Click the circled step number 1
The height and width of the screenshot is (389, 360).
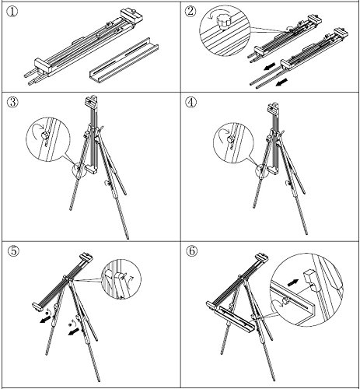(x=12, y=12)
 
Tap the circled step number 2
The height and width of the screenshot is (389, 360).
(x=190, y=12)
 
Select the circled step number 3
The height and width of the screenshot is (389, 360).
(x=12, y=102)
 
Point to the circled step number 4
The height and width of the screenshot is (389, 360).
(x=190, y=102)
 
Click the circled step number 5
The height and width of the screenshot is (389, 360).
(x=13, y=251)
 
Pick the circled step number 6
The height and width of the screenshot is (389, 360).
(x=191, y=251)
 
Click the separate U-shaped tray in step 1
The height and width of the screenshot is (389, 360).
(x=124, y=61)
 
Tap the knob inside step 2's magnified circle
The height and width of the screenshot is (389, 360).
(x=223, y=23)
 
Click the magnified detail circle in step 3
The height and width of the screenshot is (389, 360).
(x=48, y=140)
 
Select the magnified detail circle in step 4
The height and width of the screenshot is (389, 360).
(x=233, y=142)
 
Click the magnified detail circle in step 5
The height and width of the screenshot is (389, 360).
(x=122, y=279)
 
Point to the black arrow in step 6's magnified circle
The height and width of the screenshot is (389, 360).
(x=293, y=282)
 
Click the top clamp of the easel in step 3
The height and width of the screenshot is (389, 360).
(x=91, y=101)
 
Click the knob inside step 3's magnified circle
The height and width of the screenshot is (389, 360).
(x=44, y=135)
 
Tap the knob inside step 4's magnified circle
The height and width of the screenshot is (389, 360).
(x=230, y=139)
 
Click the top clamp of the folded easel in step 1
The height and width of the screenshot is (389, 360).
(x=131, y=16)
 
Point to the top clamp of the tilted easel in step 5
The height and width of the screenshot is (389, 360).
(x=86, y=258)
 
